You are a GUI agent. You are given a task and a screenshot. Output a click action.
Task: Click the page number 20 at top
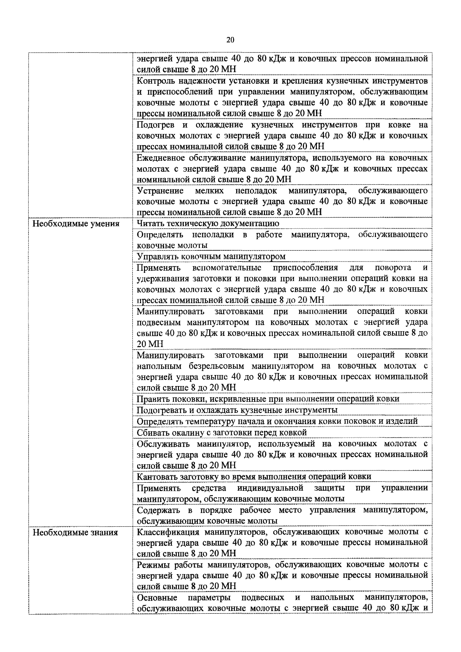pos(230,40)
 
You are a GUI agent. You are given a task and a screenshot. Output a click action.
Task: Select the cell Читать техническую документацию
pos(208,223)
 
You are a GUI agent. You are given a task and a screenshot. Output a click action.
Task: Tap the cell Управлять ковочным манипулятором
pos(211,256)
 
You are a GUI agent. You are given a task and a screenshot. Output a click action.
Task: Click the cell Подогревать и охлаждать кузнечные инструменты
pos(237,410)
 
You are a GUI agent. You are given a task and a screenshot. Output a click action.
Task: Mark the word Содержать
pos(158,510)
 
